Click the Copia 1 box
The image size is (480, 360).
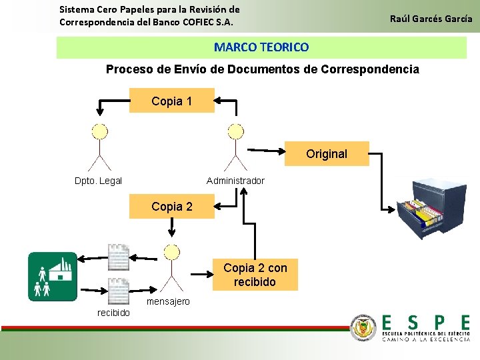point(171,101)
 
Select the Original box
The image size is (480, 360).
point(326,154)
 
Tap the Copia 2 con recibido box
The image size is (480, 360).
point(255,275)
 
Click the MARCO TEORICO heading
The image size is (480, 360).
point(261,47)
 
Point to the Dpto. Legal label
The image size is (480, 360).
point(98,181)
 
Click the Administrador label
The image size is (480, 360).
point(235,181)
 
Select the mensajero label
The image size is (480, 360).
point(168,301)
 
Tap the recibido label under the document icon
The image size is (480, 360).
point(114,313)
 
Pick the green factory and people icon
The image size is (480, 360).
point(53,277)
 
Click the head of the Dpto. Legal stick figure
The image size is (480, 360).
point(99,131)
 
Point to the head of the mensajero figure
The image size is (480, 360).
point(172,251)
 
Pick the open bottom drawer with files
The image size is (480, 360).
point(422,217)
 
